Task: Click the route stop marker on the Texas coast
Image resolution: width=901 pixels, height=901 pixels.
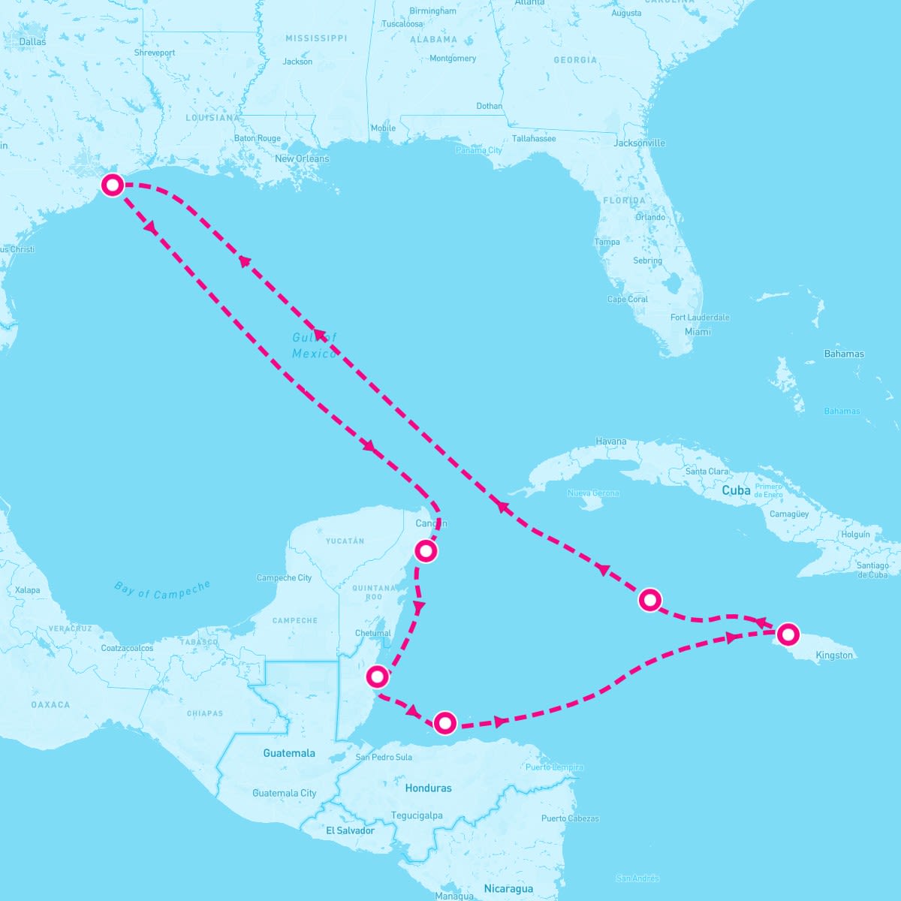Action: click(x=113, y=185)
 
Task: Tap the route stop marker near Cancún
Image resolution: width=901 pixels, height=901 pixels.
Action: click(x=426, y=551)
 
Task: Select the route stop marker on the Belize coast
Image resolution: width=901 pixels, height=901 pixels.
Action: click(x=377, y=677)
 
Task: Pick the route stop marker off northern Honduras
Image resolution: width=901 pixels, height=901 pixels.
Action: click(x=445, y=723)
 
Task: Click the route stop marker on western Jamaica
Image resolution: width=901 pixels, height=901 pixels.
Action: click(x=787, y=634)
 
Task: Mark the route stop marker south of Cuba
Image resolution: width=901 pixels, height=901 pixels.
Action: click(x=649, y=600)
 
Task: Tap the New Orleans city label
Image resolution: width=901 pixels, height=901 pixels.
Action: click(x=302, y=159)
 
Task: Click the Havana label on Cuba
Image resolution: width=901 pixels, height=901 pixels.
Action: click(x=610, y=441)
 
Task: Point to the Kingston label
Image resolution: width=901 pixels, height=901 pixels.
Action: click(x=834, y=655)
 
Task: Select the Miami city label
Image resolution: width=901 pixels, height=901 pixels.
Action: click(x=698, y=332)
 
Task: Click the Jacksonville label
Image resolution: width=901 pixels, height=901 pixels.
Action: click(x=640, y=143)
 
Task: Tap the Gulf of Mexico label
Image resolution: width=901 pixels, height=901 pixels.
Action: click(x=315, y=346)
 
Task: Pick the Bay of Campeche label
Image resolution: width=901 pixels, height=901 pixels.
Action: click(x=162, y=590)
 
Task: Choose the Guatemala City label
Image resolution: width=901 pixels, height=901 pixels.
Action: click(x=285, y=793)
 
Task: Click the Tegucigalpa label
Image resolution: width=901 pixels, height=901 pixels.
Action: click(x=417, y=815)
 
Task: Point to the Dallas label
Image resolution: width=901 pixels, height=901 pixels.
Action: click(x=32, y=42)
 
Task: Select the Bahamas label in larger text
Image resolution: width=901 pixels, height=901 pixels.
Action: click(x=844, y=354)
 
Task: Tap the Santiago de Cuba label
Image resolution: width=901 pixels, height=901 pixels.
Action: click(x=872, y=570)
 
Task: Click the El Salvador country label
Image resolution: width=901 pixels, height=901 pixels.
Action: click(x=350, y=830)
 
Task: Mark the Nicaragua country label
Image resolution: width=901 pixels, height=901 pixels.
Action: click(x=508, y=889)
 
